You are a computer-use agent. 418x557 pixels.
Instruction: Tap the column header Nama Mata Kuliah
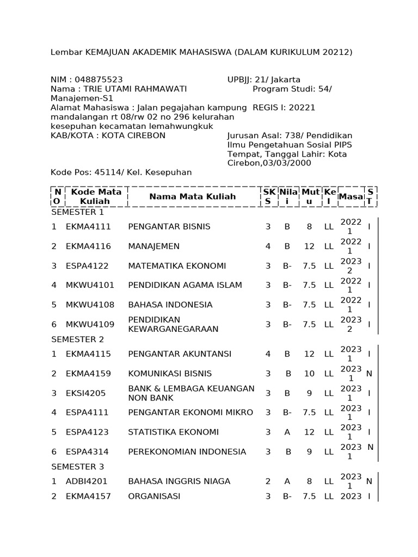point(193,196)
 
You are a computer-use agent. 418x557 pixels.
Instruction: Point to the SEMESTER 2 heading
point(77,339)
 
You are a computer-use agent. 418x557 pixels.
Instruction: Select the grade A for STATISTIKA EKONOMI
point(287,432)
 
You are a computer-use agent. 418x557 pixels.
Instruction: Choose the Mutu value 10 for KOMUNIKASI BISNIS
point(309,374)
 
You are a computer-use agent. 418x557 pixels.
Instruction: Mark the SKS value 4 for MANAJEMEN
point(268,246)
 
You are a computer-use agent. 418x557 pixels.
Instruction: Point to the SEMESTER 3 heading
point(77,467)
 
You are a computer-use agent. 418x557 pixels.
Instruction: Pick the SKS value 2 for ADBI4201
point(268,481)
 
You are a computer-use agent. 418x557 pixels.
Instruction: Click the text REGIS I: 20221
point(284,108)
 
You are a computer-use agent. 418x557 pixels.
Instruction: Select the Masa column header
point(351,196)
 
